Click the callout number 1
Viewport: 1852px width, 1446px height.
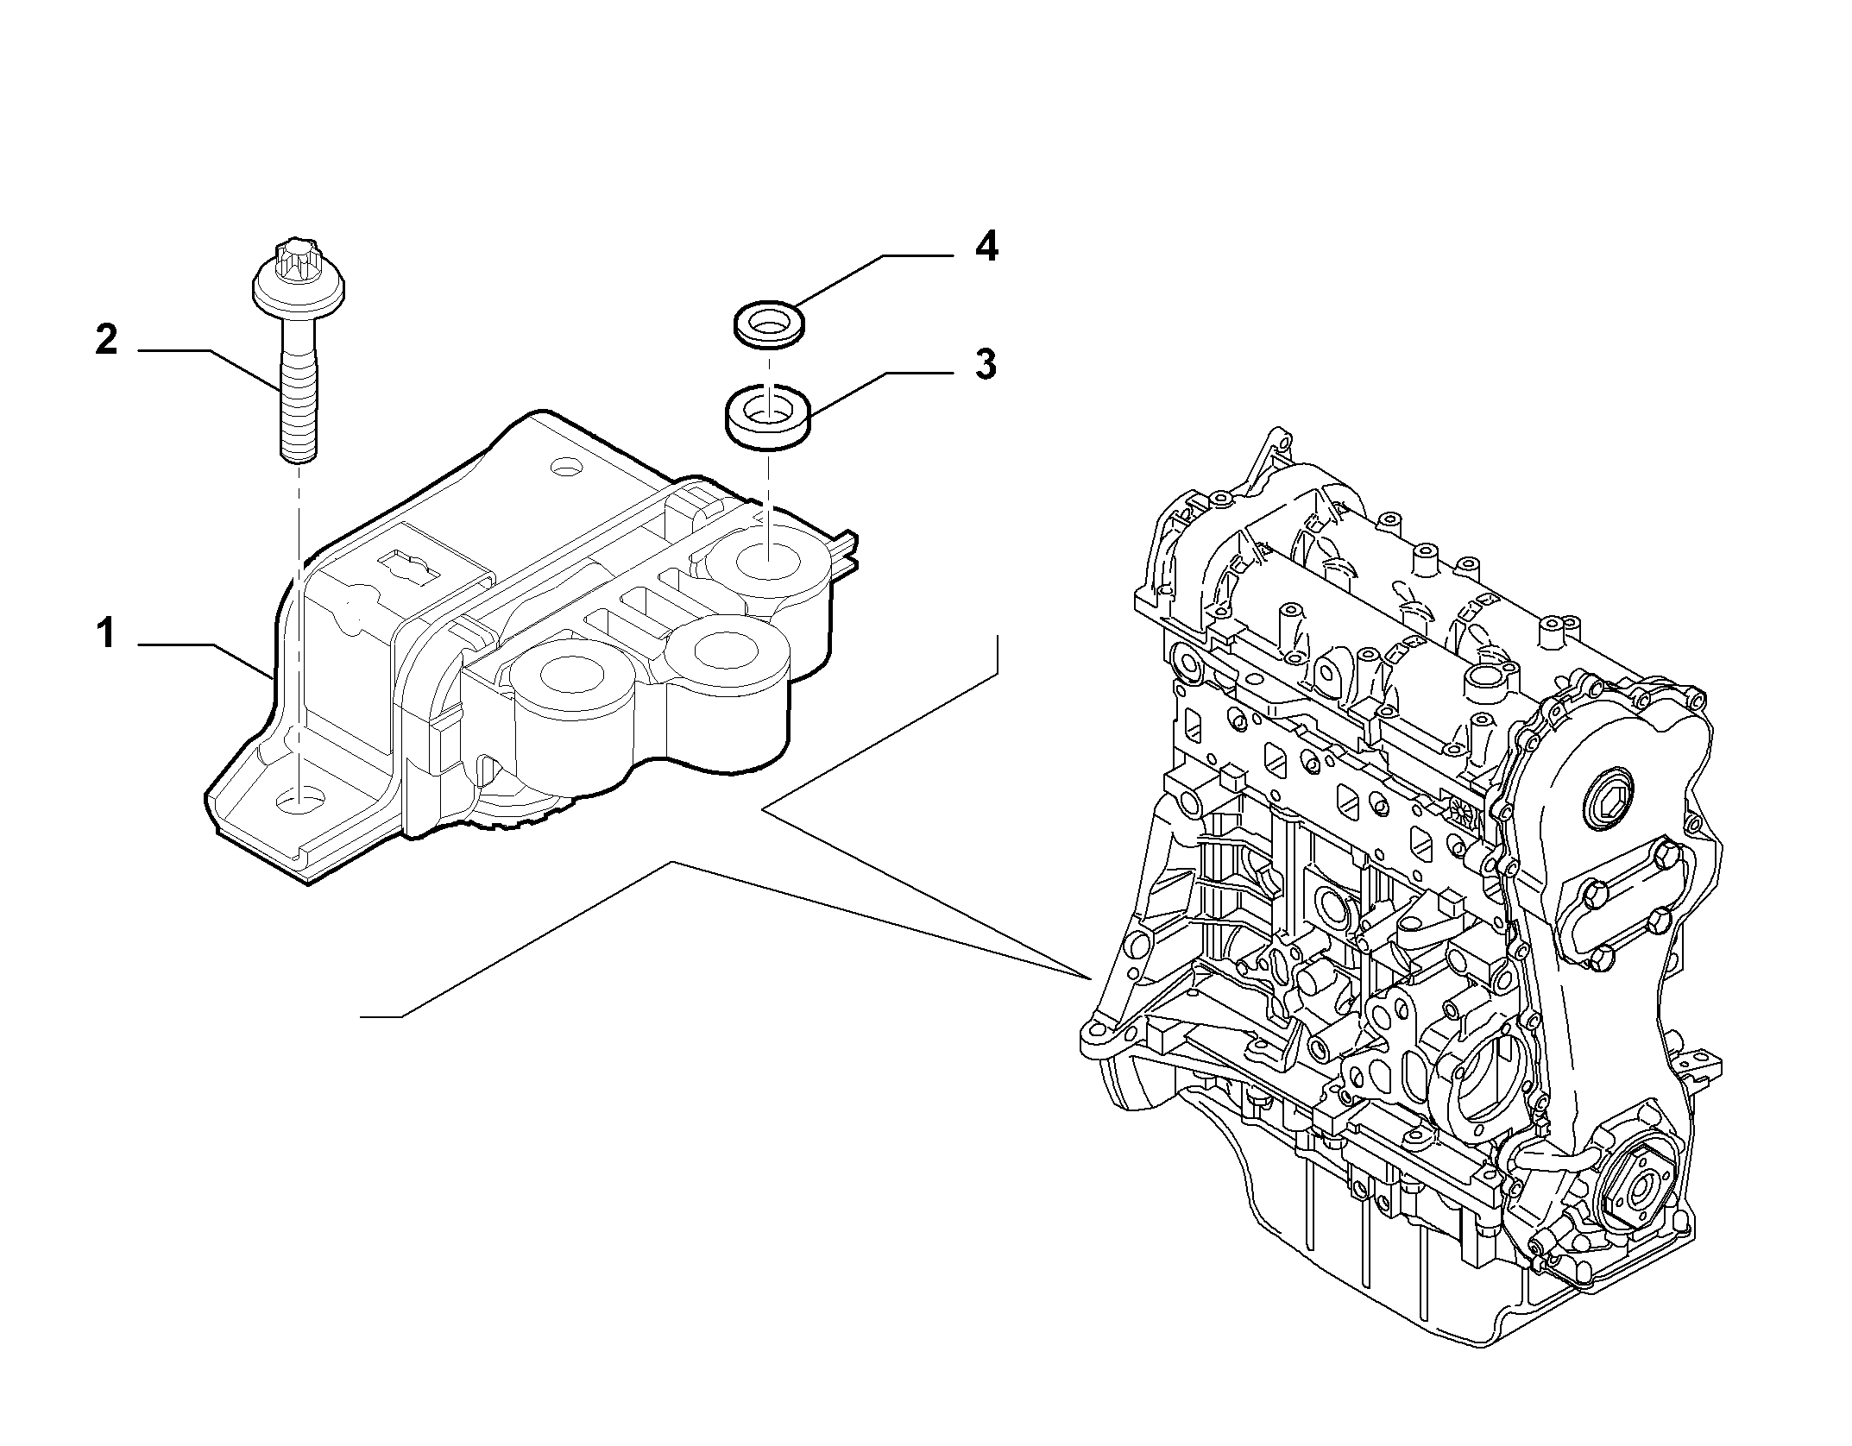pyautogui.click(x=105, y=635)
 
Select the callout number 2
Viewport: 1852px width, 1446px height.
pyautogui.click(x=106, y=340)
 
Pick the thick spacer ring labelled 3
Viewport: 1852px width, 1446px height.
pyautogui.click(x=767, y=418)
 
